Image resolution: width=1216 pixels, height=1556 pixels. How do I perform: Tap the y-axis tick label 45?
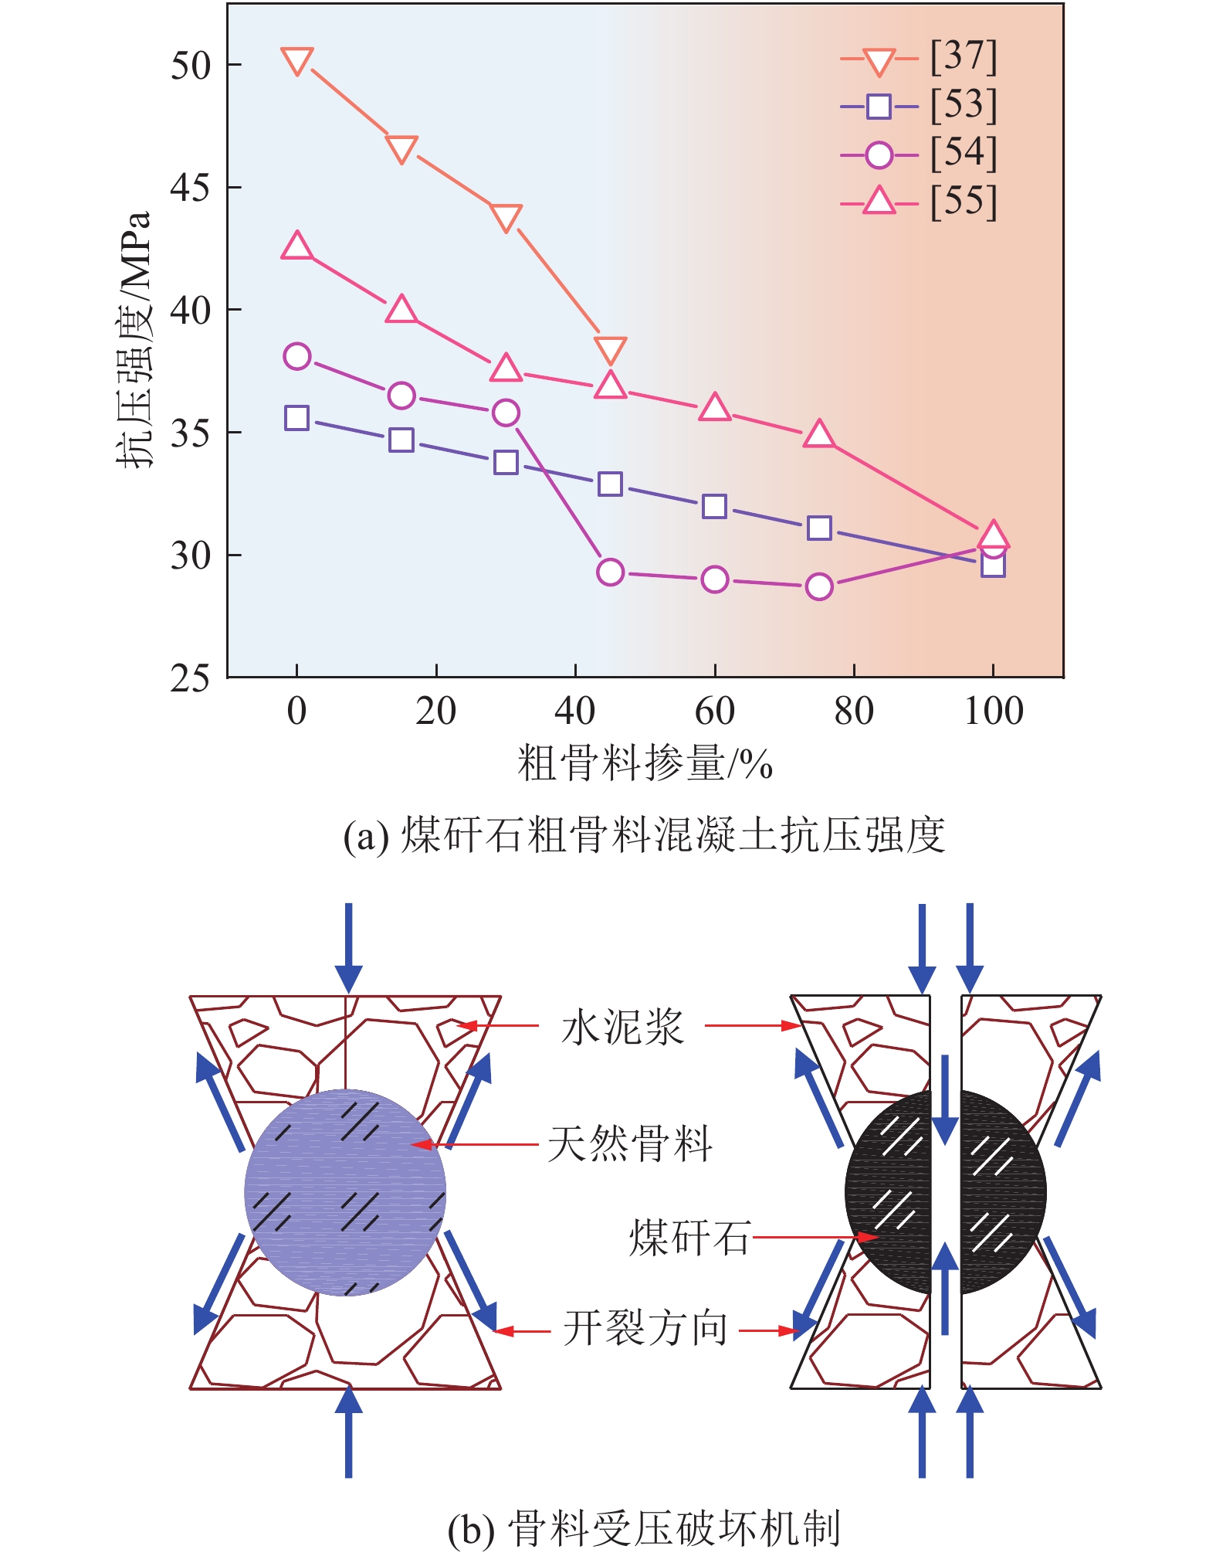(x=190, y=188)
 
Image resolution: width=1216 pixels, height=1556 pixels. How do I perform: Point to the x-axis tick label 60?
(x=714, y=711)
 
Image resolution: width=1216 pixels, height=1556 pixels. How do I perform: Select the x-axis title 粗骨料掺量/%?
(x=645, y=763)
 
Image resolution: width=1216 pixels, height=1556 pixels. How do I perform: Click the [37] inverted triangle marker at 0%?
(x=297, y=60)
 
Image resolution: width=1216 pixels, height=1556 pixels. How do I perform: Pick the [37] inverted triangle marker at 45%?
(x=610, y=350)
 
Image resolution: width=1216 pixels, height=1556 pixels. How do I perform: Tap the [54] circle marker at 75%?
(x=819, y=586)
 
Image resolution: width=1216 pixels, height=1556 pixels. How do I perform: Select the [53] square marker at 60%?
(x=714, y=507)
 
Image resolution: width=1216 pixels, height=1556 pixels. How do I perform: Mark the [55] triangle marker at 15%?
(x=401, y=310)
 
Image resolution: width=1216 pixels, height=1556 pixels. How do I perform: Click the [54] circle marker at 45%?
(x=610, y=572)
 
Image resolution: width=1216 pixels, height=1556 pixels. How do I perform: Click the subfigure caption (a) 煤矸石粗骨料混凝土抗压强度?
(x=645, y=835)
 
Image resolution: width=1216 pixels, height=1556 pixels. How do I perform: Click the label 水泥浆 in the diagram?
(x=622, y=1028)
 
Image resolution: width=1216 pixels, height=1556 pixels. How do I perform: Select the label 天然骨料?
(x=630, y=1144)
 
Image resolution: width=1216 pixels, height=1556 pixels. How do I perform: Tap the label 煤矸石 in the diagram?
(x=689, y=1238)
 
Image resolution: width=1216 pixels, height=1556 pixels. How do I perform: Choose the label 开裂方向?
(x=645, y=1329)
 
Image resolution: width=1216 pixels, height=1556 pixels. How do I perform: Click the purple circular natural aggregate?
(x=345, y=1192)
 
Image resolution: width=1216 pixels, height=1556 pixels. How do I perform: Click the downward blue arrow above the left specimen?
(x=349, y=946)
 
